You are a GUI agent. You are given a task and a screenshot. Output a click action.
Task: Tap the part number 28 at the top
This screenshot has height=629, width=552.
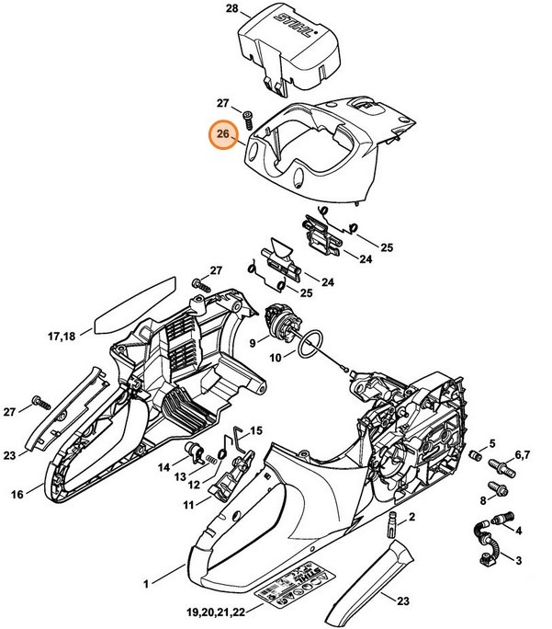click(231, 10)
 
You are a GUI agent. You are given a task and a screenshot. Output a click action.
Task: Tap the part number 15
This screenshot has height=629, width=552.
click(256, 429)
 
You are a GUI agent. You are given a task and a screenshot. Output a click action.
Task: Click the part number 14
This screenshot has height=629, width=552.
click(163, 466)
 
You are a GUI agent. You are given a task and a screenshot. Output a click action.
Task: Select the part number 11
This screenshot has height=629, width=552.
click(188, 505)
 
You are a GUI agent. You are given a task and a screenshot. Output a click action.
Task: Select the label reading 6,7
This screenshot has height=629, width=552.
click(522, 455)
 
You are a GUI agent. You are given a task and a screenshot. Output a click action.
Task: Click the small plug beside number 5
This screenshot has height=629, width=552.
click(475, 454)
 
